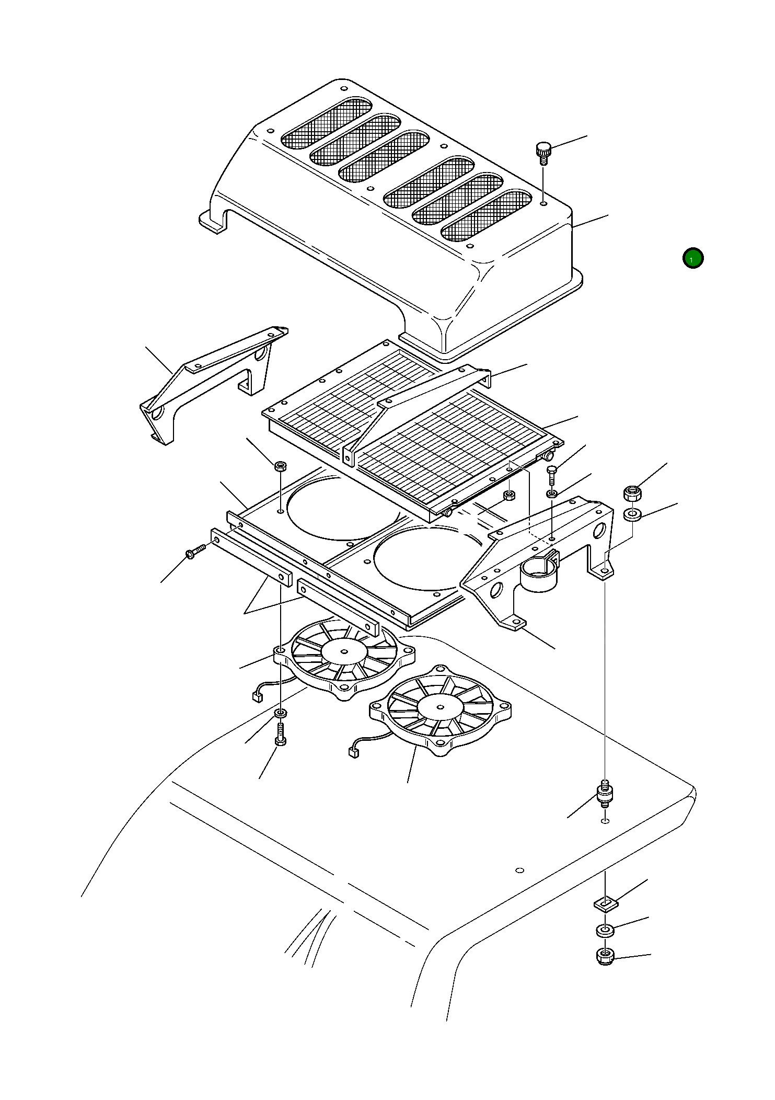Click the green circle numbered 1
[693, 258]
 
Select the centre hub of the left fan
[344, 652]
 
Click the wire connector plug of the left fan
[257, 696]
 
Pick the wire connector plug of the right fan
[352, 752]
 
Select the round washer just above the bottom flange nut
[605, 931]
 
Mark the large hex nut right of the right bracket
[632, 493]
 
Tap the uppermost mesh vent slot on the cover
[327, 123]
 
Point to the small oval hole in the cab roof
[519, 870]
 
